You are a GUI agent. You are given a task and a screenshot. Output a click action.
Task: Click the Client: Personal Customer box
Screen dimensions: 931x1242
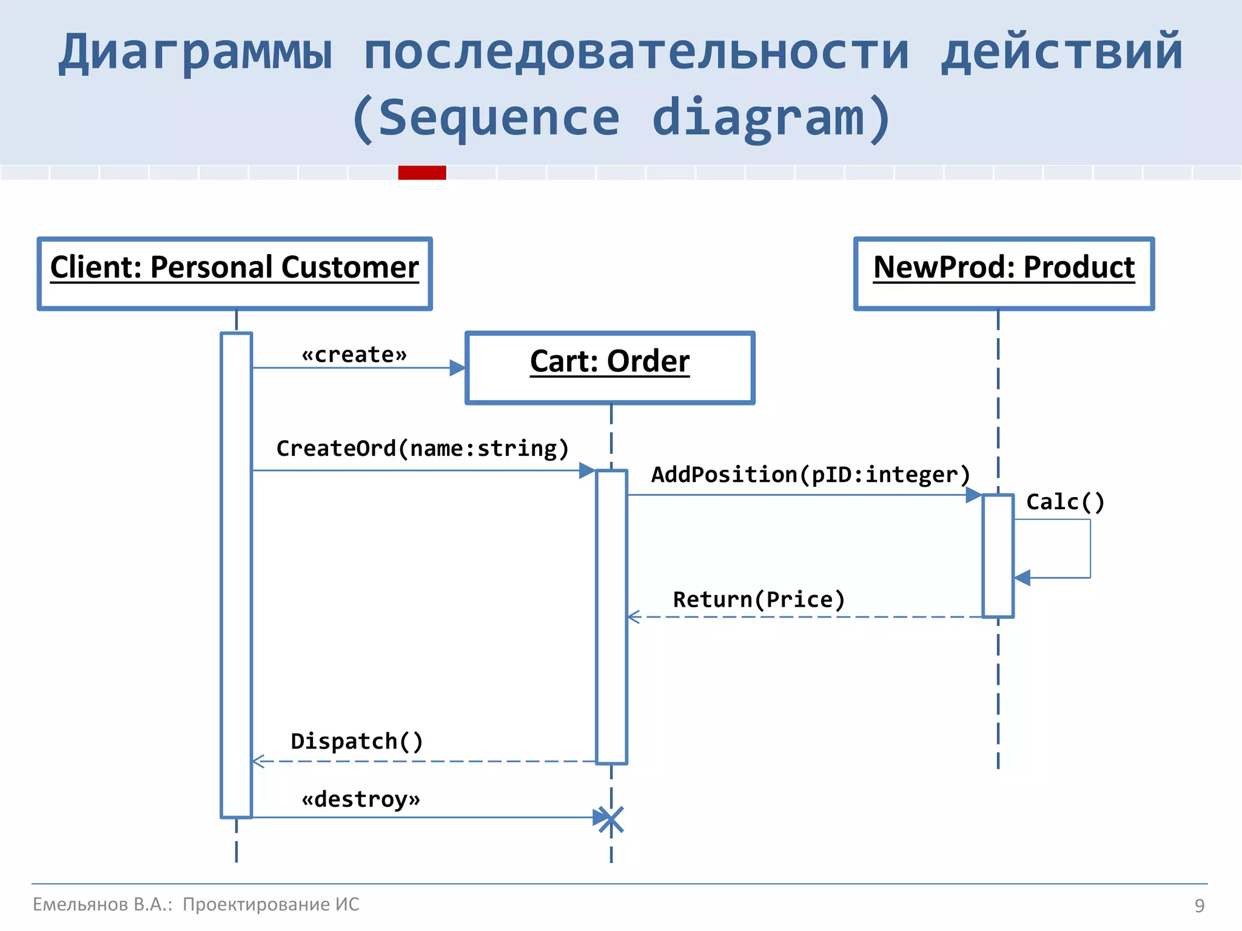[x=235, y=274]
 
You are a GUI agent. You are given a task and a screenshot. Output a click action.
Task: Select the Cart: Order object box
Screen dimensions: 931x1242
[x=610, y=368]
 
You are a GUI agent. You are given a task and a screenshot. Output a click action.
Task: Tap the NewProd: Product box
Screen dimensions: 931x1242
[x=1004, y=274]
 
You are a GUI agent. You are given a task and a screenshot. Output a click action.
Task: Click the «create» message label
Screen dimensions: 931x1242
[x=355, y=355]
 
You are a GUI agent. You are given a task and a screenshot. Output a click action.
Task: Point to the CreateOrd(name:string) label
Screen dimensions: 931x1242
[x=423, y=449]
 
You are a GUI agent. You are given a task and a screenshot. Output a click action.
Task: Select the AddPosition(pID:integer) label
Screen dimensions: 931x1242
[x=811, y=475]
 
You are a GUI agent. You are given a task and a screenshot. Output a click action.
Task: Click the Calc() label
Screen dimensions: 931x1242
[x=1066, y=502]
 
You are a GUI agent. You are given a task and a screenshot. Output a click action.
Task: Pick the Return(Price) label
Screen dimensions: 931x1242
[x=759, y=599]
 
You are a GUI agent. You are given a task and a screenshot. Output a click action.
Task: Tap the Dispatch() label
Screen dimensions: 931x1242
[x=357, y=741]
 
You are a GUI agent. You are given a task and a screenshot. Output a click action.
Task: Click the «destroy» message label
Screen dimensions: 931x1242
[x=361, y=799]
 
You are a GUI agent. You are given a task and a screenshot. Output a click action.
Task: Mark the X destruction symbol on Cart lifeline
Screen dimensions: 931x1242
[x=611, y=819]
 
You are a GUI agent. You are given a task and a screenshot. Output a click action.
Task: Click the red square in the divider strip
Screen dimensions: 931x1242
[x=422, y=173]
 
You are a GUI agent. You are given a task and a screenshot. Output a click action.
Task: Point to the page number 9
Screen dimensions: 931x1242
[x=1199, y=906]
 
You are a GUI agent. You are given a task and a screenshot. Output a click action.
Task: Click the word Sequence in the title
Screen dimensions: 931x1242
[x=498, y=118]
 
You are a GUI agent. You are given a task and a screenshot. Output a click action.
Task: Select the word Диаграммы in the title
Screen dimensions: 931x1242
[x=195, y=53]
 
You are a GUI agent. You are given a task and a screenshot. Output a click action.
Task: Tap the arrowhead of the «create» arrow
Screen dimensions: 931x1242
[x=458, y=368]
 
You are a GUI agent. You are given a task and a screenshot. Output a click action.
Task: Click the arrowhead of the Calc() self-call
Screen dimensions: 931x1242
[x=1022, y=578]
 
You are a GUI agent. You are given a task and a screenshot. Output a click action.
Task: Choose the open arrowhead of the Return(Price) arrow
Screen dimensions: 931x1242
[x=634, y=617]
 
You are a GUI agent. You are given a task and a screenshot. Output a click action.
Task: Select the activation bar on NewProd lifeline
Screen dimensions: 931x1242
[x=998, y=555]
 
